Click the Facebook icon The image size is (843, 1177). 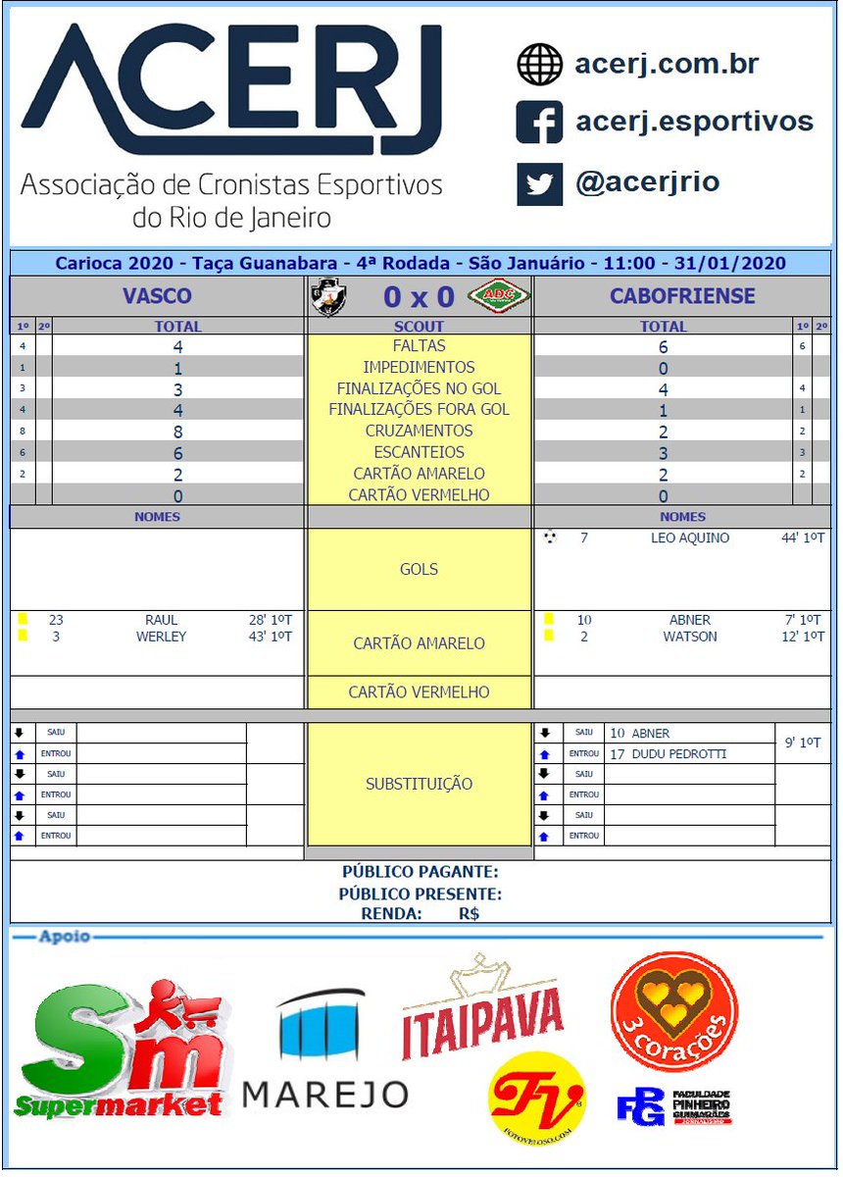539,123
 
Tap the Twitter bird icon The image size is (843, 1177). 539,183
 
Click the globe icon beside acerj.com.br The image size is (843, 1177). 539,65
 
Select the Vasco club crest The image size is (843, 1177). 328,296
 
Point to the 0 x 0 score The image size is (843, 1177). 419,296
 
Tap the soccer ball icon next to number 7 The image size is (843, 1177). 549,537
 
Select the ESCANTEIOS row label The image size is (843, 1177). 419,452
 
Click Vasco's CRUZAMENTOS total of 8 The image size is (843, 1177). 178,431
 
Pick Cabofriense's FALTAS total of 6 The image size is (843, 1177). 664,346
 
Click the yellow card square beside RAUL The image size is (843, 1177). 22,620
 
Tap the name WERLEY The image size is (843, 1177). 161,637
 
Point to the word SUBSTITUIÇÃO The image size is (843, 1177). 419,784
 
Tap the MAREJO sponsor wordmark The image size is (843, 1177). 324,1094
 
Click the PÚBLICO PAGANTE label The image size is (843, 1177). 420,872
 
